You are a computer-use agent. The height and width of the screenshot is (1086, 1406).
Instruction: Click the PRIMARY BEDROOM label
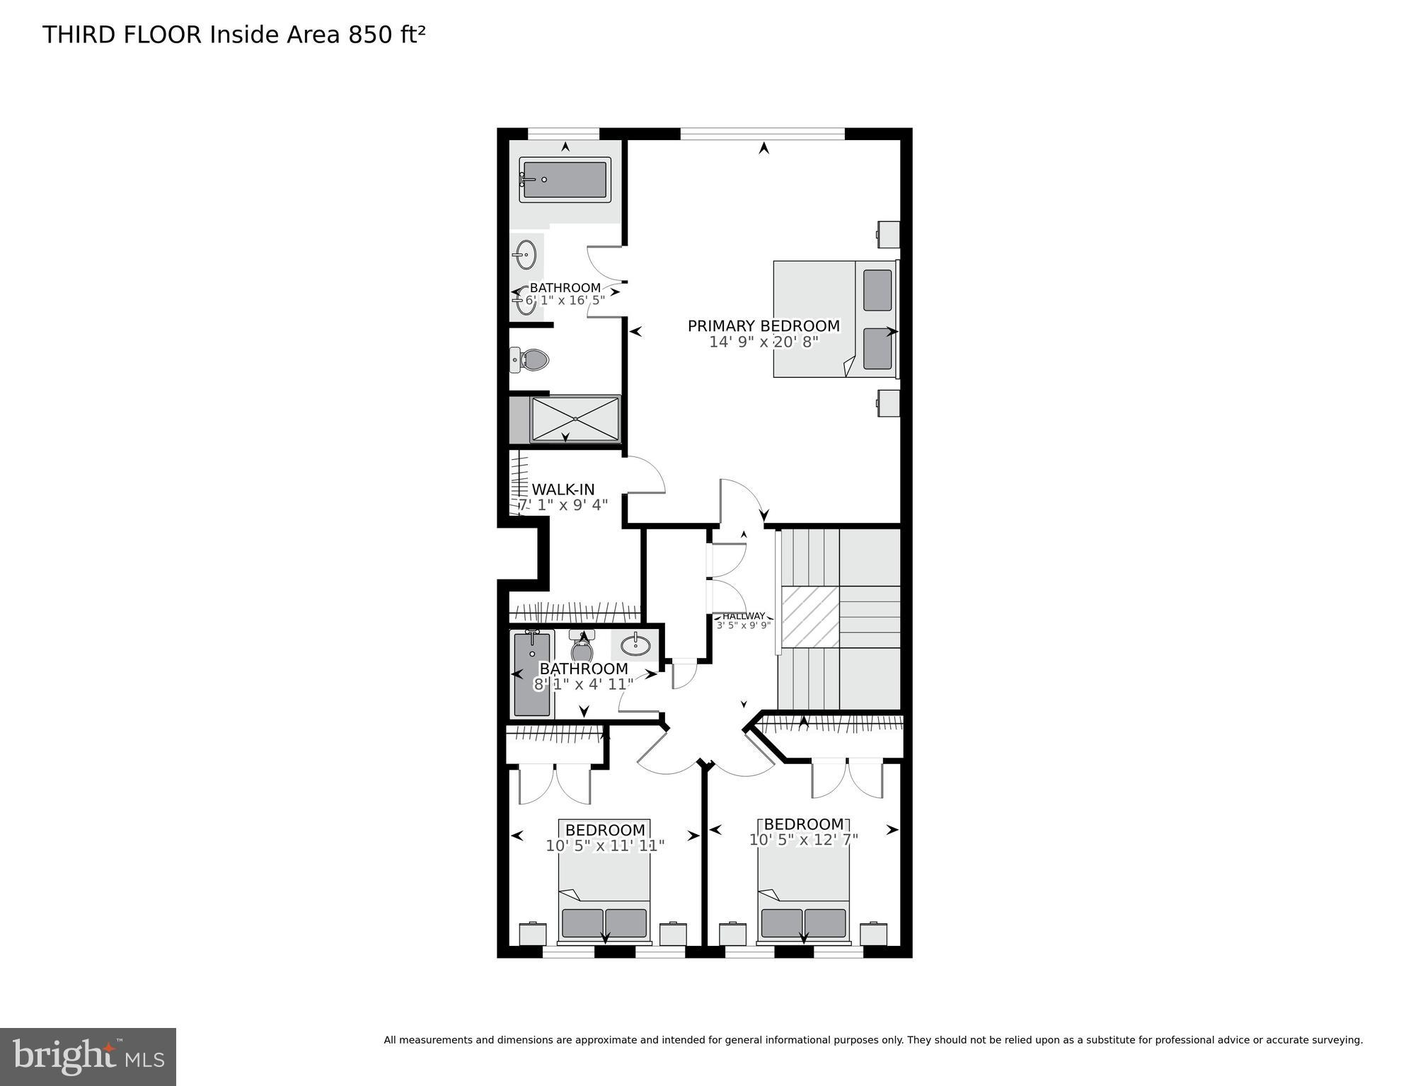763,325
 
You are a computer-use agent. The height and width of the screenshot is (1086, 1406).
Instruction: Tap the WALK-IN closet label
563,490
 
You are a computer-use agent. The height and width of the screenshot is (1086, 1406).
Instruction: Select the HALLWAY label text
743,616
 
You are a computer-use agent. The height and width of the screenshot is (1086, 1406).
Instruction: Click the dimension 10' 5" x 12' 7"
803,840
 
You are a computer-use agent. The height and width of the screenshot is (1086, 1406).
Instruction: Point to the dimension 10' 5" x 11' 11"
605,845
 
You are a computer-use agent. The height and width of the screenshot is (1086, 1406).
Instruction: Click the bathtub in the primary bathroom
565,180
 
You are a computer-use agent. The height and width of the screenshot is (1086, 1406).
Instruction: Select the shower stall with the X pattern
575,420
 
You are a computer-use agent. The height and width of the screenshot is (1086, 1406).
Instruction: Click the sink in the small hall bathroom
635,645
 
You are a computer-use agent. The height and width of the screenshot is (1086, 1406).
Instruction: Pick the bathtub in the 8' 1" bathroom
531,674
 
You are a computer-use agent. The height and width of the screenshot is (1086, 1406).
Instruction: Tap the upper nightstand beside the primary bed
889,234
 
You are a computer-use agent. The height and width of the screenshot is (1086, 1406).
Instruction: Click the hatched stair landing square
810,616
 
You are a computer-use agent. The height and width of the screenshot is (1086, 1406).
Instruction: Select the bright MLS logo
88,1056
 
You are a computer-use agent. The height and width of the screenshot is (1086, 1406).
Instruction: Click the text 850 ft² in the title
386,35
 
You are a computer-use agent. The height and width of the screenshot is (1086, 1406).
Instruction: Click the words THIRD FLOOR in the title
122,35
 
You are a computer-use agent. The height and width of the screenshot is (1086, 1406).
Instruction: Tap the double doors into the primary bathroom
606,282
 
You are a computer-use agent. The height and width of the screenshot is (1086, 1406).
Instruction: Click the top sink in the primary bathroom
525,255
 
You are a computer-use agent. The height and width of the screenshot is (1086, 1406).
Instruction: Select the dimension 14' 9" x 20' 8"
763,342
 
